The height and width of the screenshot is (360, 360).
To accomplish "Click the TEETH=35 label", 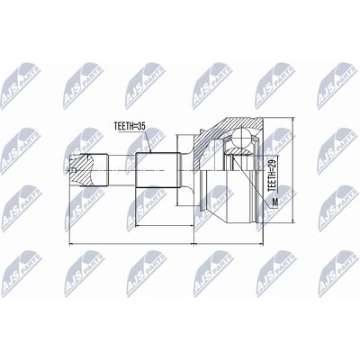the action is (x=130, y=126).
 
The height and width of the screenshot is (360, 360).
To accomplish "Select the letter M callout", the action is (x=274, y=202).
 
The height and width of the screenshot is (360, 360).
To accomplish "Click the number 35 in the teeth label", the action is (x=141, y=126).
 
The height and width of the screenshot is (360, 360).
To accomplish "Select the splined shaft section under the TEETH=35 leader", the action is (x=158, y=170).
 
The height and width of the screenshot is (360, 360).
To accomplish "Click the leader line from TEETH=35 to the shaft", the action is (x=148, y=141).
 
